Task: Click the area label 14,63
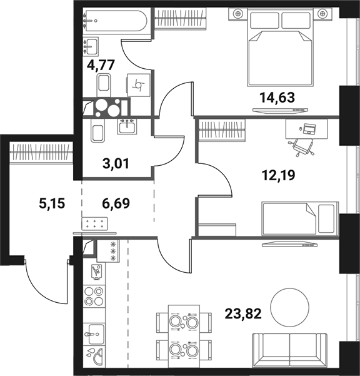click(x=276, y=97)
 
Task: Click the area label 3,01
click(x=114, y=165)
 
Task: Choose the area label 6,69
click(x=117, y=203)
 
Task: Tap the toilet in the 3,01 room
click(x=97, y=133)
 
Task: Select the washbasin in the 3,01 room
click(x=130, y=126)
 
